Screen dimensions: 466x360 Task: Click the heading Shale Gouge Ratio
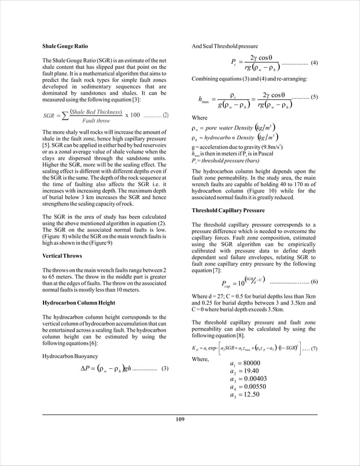[x=65, y=45]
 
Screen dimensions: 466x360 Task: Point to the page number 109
[x=180, y=419]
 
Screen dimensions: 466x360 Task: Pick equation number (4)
[x=314, y=63]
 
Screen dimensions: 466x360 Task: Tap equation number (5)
[x=314, y=97]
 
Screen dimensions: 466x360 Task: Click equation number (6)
[x=314, y=281]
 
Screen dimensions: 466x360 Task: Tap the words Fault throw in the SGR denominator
[x=96, y=121]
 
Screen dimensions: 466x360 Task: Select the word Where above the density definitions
[x=200, y=118]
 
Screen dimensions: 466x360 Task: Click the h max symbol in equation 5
[x=204, y=100]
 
